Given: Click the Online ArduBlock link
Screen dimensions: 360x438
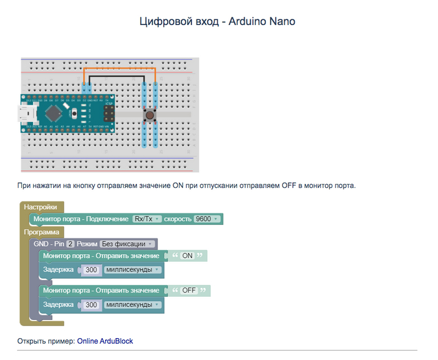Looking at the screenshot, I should tap(104, 341).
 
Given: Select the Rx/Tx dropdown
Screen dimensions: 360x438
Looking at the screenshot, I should tap(148, 219).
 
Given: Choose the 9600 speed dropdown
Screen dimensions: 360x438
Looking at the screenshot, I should tap(206, 219).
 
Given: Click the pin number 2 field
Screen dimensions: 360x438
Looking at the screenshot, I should tap(71, 244).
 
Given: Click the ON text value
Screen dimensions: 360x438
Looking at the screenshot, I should tap(187, 256).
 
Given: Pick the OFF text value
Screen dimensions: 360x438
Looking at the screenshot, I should tap(189, 291).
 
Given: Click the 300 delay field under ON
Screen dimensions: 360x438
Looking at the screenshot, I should tap(91, 270).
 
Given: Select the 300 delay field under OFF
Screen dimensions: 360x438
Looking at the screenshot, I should tap(91, 305).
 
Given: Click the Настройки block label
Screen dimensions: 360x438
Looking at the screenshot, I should tap(41, 207).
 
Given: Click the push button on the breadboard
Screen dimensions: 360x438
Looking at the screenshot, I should tap(150, 116).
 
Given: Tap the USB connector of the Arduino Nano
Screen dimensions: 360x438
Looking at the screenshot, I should tap(27, 115).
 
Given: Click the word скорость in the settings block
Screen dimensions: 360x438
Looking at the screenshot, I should tap(178, 219).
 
